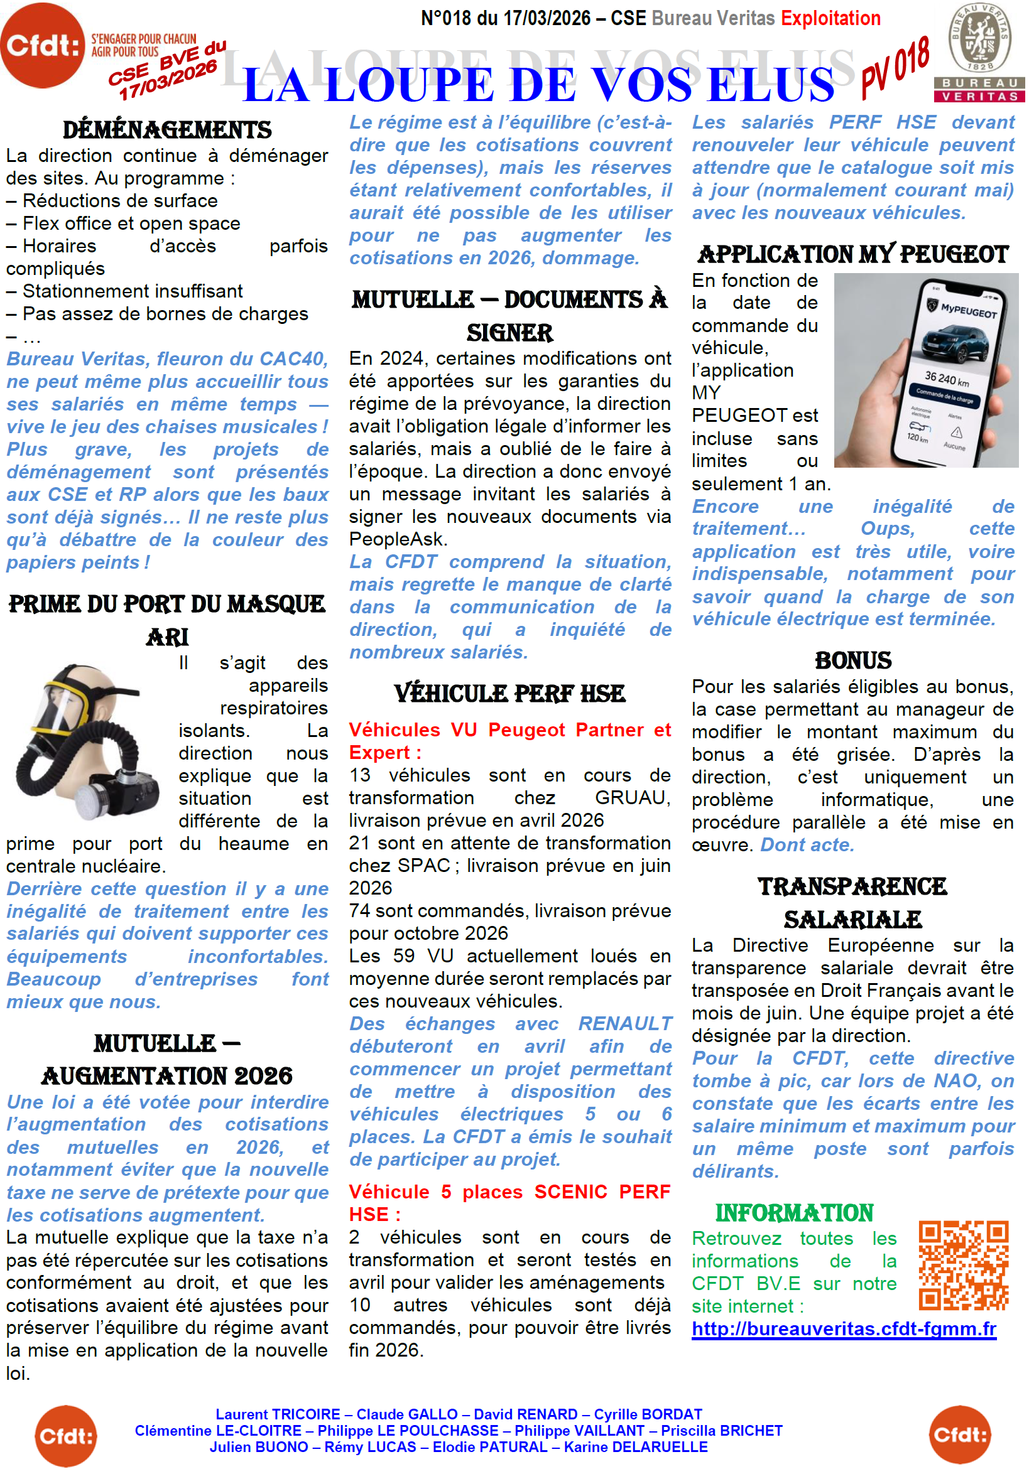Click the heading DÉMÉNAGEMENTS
point(167,131)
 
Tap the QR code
point(963,1266)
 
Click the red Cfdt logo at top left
point(42,45)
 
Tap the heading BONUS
point(852,660)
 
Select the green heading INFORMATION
point(794,1213)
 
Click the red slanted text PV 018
point(895,67)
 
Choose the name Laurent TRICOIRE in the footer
point(278,1414)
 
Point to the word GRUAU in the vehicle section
point(632,798)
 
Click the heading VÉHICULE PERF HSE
point(509,694)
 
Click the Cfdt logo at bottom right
point(960,1435)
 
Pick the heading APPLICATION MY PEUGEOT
point(852,255)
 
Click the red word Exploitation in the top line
point(830,19)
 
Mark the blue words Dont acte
point(807,845)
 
